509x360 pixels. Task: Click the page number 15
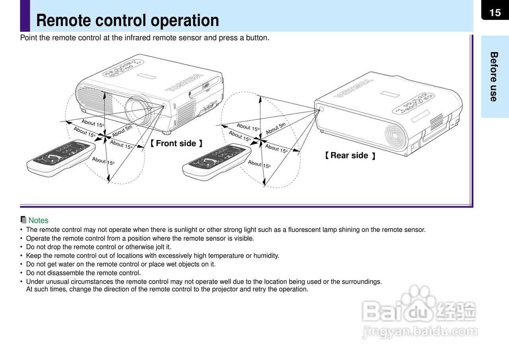[495, 13]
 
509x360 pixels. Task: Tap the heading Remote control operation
[127, 20]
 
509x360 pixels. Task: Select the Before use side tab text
[494, 76]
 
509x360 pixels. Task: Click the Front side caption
[176, 143]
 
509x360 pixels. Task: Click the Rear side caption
[350, 155]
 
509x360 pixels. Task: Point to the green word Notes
[38, 221]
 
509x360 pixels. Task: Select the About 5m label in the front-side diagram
[122, 131]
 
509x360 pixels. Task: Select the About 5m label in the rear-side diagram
[276, 128]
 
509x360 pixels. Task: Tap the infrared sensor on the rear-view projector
[321, 109]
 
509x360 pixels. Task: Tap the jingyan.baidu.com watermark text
[420, 331]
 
